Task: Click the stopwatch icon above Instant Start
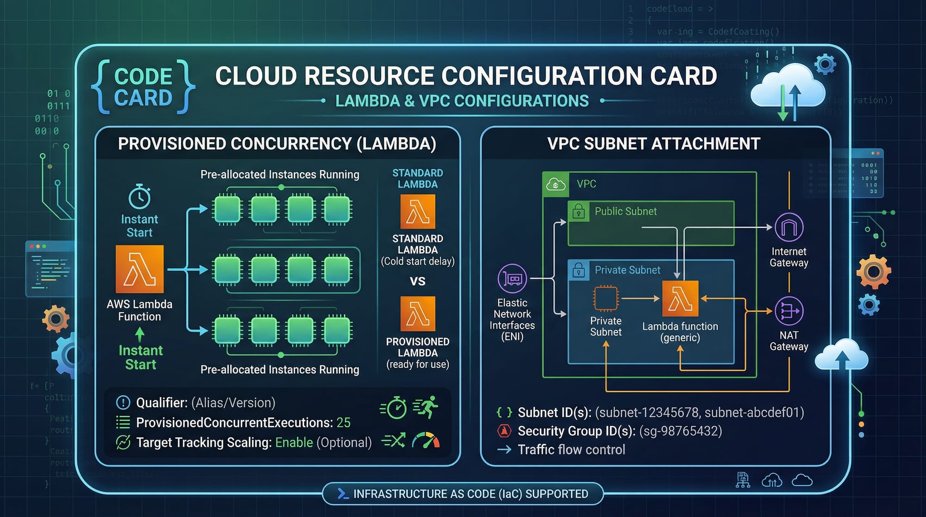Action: pos(139,197)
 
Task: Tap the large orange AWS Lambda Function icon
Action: pos(139,269)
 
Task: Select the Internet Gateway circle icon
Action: pos(789,227)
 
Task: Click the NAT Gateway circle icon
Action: pos(789,311)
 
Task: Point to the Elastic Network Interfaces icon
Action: pos(512,278)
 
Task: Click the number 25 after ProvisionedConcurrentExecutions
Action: pos(343,422)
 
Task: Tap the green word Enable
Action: pos(294,442)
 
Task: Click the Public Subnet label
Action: pos(626,211)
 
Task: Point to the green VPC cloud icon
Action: pos(556,184)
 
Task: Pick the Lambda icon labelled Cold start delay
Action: pos(418,212)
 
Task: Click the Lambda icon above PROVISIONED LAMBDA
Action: pos(418,314)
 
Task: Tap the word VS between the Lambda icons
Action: pos(418,281)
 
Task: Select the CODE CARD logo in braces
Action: pos(143,87)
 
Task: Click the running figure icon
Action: pos(426,407)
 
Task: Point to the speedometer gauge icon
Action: pos(425,441)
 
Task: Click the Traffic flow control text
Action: pos(571,449)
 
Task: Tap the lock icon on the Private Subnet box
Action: pos(578,270)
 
